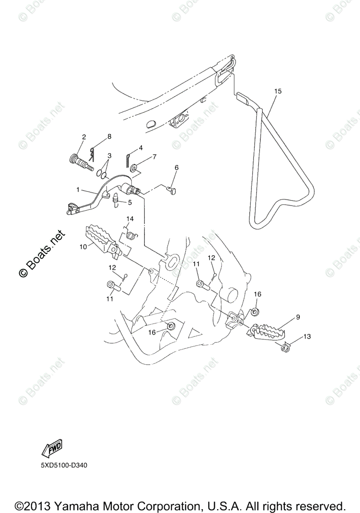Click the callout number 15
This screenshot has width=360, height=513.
click(x=278, y=91)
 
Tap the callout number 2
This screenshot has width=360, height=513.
click(x=84, y=137)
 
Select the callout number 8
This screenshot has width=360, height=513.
click(x=109, y=136)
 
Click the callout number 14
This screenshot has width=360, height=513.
click(x=130, y=219)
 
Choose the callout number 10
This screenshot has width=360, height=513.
click(x=83, y=246)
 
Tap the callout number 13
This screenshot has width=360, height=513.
click(x=307, y=337)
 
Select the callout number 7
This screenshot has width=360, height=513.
click(x=154, y=157)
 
